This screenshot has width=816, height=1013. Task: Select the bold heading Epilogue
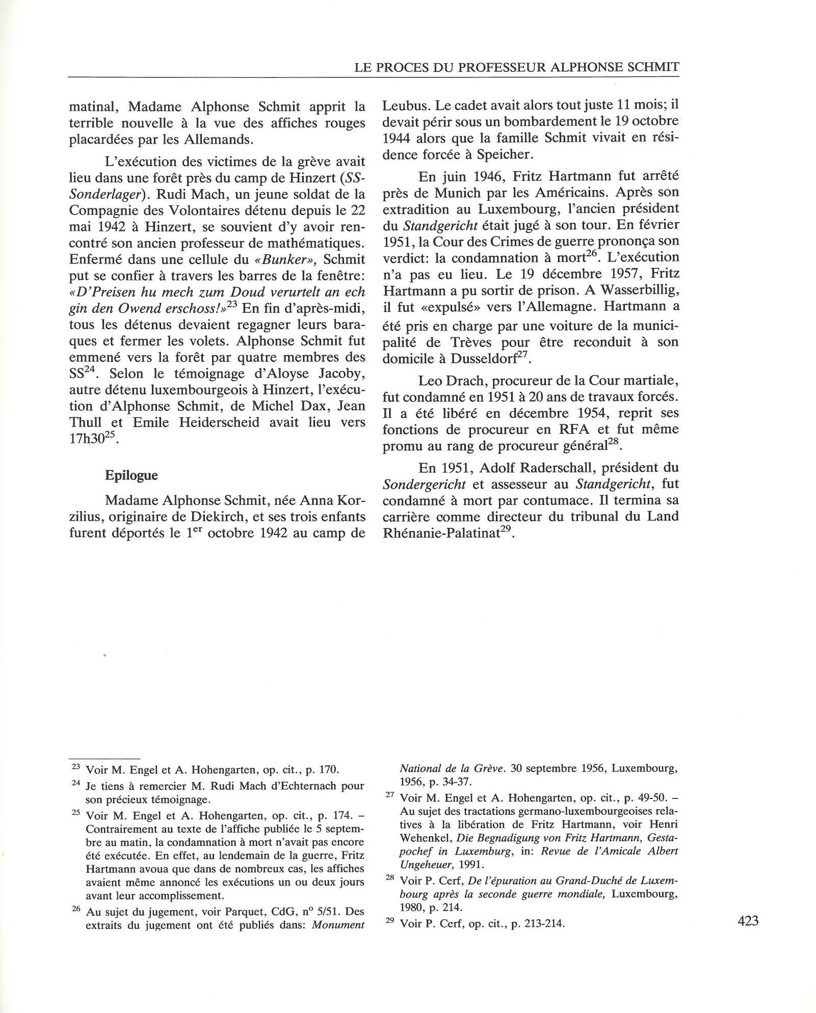click(x=131, y=475)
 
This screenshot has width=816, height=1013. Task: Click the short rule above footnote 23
click(x=104, y=758)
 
